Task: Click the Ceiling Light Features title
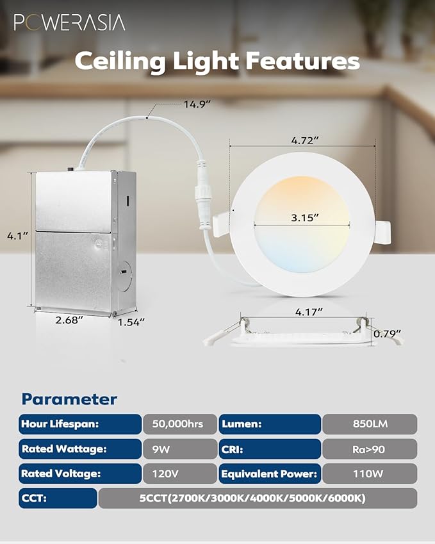click(217, 61)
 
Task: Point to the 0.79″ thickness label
click(388, 333)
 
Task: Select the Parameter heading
click(69, 399)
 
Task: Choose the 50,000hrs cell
click(179, 424)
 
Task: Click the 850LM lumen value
click(370, 424)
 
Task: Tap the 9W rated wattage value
click(179, 449)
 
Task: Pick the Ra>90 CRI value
click(370, 449)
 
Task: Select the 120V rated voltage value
click(179, 474)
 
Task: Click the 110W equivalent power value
click(370, 474)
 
